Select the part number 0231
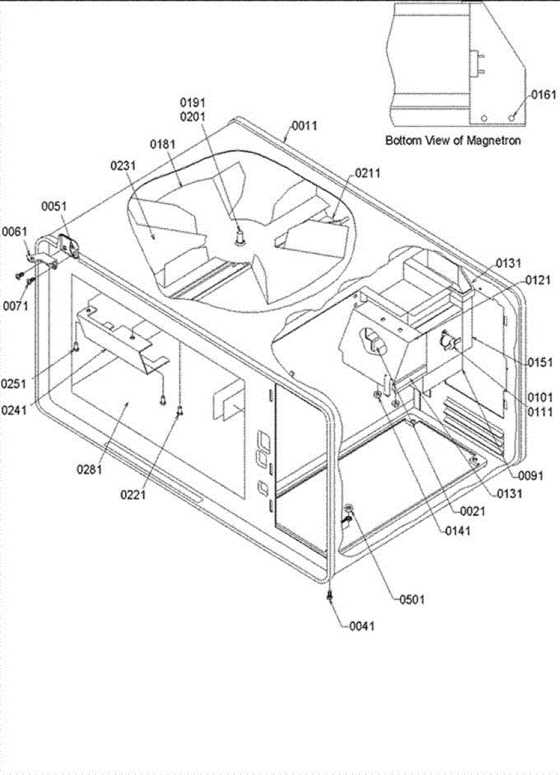click(x=123, y=166)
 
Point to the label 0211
click(x=367, y=173)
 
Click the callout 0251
click(x=14, y=383)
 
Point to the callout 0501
click(x=411, y=599)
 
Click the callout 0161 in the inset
click(x=543, y=95)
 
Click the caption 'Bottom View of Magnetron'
click(x=453, y=139)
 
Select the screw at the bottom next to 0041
click(x=330, y=594)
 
